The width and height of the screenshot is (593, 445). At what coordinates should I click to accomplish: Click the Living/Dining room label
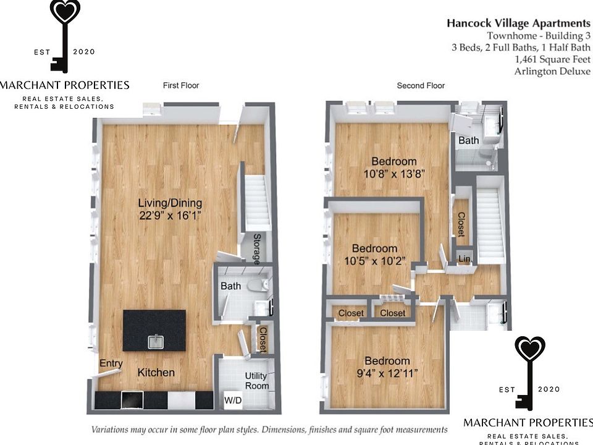pyautogui.click(x=170, y=203)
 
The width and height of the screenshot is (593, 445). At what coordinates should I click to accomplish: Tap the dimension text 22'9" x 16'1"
pyautogui.click(x=170, y=215)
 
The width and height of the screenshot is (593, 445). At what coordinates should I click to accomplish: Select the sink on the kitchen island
pyautogui.click(x=154, y=341)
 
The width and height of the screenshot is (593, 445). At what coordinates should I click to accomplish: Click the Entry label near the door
pyautogui.click(x=111, y=363)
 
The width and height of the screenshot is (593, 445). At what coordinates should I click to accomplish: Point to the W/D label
pyautogui.click(x=233, y=400)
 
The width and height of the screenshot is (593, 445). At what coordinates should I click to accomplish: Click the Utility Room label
pyautogui.click(x=256, y=381)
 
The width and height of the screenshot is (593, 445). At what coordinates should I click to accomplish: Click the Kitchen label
pyautogui.click(x=156, y=372)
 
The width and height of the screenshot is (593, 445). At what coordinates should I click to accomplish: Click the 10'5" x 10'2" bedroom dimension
pyautogui.click(x=371, y=261)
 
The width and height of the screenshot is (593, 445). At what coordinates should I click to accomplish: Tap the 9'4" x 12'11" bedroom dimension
pyautogui.click(x=387, y=373)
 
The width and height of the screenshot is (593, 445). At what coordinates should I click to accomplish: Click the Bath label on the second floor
pyautogui.click(x=468, y=140)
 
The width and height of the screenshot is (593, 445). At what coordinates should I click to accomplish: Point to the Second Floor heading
pyautogui.click(x=421, y=85)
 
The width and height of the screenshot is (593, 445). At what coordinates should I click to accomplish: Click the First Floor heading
pyautogui.click(x=181, y=85)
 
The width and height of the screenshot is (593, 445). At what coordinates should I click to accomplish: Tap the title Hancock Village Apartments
pyautogui.click(x=518, y=23)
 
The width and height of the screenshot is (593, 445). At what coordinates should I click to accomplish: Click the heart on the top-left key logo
pyautogui.click(x=65, y=13)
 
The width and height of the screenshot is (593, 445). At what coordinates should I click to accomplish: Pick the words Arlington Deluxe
pyautogui.click(x=552, y=71)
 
